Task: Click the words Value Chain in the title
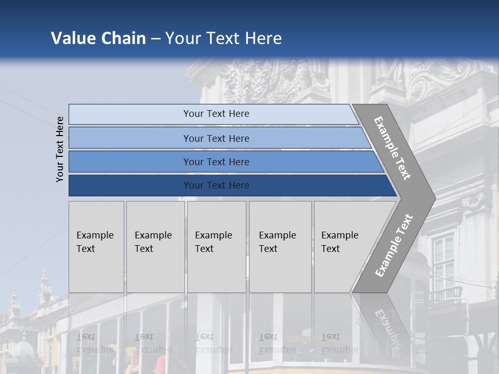pos(98,38)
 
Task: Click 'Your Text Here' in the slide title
pos(224,38)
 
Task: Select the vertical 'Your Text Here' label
pos(60,149)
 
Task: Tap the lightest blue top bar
pos(216,114)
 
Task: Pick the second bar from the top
pos(216,138)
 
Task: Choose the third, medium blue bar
pos(216,162)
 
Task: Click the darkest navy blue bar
pos(216,185)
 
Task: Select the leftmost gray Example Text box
pos(96,246)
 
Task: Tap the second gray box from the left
pos(155,246)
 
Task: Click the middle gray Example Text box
pos(216,246)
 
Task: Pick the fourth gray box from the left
pos(280,246)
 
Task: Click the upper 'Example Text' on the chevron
pos(392,148)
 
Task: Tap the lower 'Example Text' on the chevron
pos(393,246)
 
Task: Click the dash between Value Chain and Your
pos(155,39)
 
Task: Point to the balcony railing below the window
pos(445,295)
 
